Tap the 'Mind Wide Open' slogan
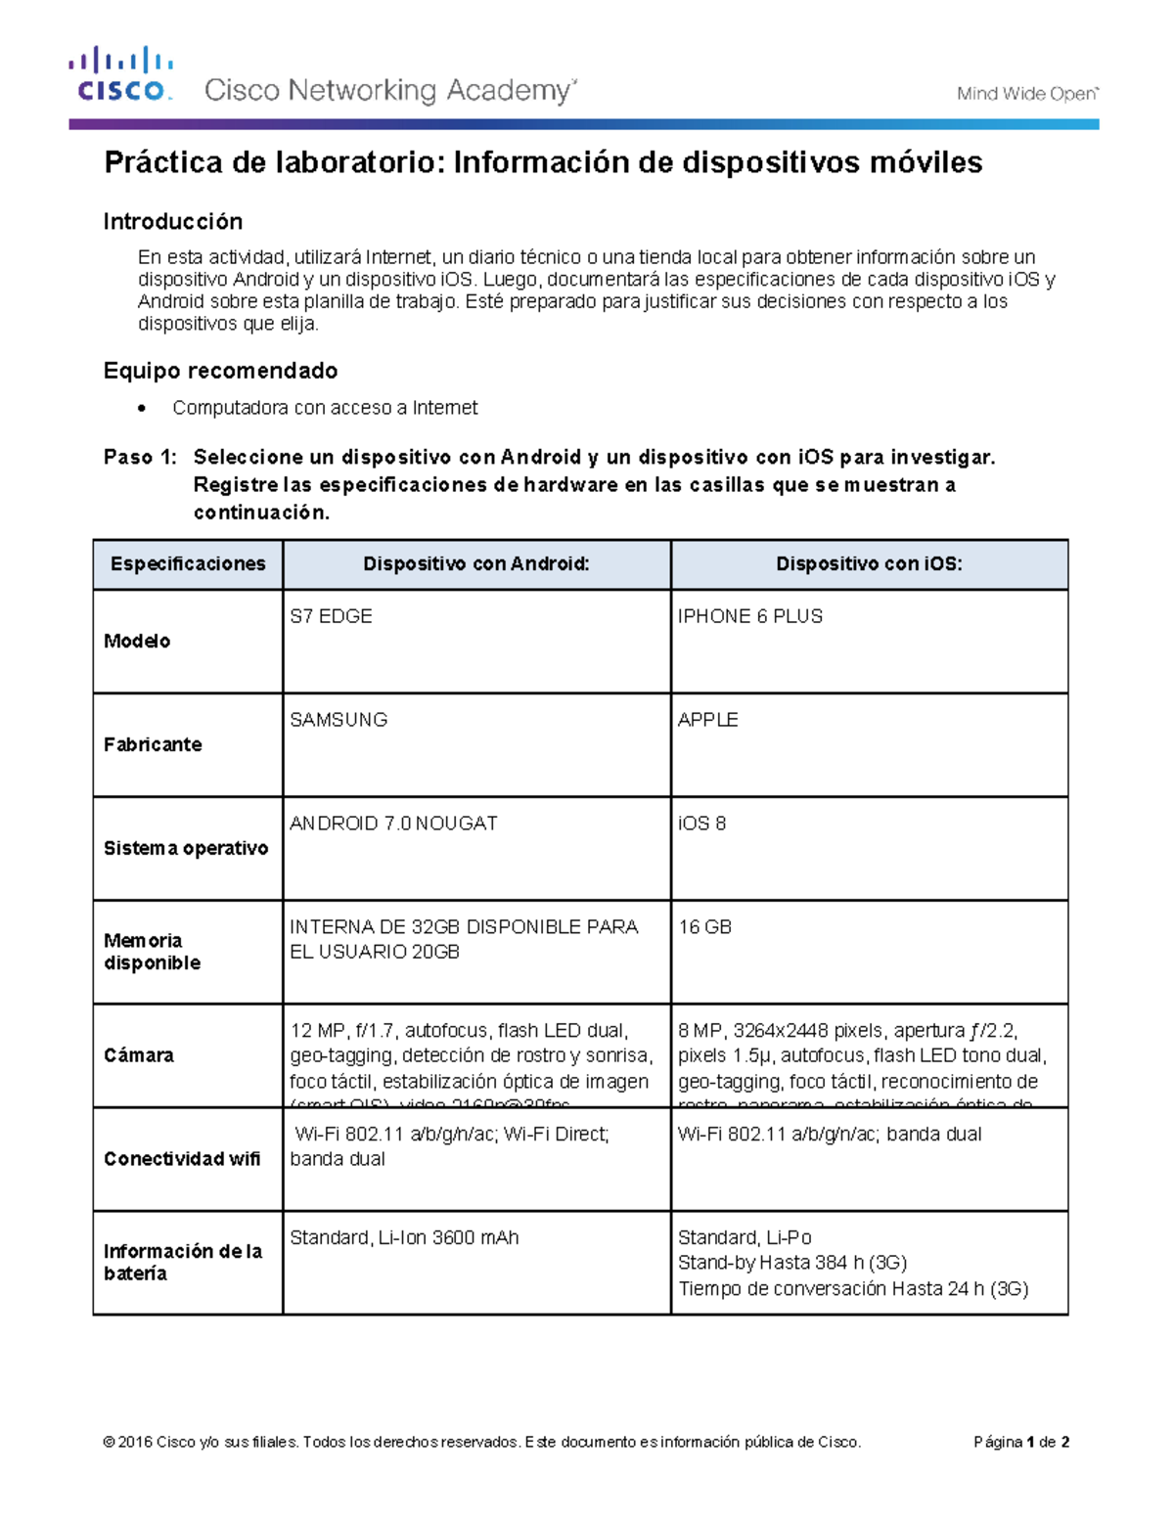click(x=1027, y=94)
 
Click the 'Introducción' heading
click(x=173, y=222)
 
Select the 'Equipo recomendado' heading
click(x=220, y=371)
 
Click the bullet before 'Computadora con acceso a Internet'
click(x=143, y=409)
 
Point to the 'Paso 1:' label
click(x=140, y=458)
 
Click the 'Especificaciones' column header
click(x=188, y=564)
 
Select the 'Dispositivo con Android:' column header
click(x=476, y=564)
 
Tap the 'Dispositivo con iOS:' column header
click(x=869, y=564)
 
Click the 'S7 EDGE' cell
click(x=331, y=617)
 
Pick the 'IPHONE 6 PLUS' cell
click(x=749, y=617)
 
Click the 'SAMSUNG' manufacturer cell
click(x=339, y=720)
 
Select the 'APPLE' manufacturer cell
click(x=707, y=720)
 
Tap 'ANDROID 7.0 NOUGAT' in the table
click(x=393, y=824)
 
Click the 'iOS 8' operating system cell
click(x=701, y=824)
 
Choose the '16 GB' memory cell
click(x=704, y=927)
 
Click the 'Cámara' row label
click(x=139, y=1055)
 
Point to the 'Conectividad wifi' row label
click(x=182, y=1159)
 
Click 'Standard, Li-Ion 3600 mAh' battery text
click(x=404, y=1238)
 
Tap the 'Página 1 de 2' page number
click(x=1020, y=1442)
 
